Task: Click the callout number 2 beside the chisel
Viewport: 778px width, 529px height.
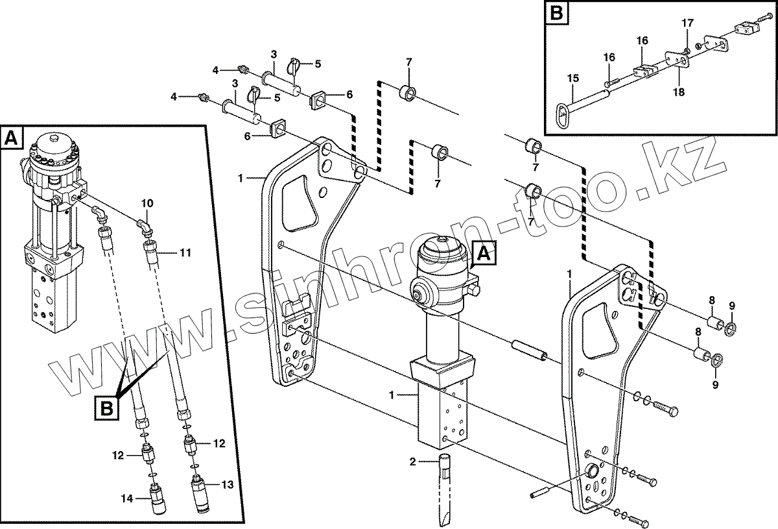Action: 412,462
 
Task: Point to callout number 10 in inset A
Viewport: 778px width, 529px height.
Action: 147,204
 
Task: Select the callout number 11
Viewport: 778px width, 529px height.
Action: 186,252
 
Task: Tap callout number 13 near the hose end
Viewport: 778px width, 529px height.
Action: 227,484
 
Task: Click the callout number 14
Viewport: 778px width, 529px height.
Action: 128,498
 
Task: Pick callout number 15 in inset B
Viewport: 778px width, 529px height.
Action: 572,79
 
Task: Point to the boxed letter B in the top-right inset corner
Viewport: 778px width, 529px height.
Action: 556,14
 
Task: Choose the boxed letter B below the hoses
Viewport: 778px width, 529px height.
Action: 107,408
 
